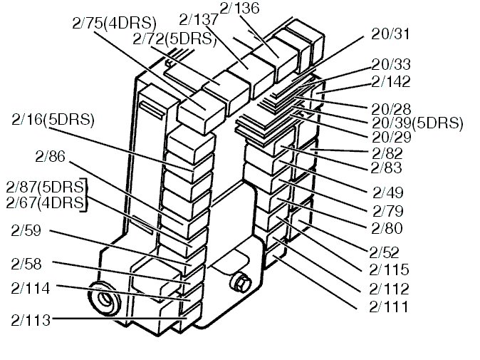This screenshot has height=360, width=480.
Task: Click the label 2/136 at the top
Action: coord(240,8)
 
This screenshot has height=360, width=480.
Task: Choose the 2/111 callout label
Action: coord(389,307)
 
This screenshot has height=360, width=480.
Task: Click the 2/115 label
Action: coord(389,270)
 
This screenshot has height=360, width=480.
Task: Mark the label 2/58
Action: coord(26,264)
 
